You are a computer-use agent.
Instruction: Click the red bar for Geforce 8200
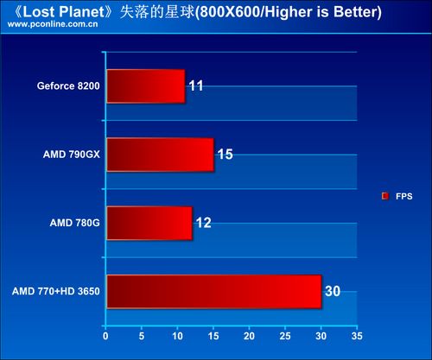tap(146, 86)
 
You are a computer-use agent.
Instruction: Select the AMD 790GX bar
tap(161, 155)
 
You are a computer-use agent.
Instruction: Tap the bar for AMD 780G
tap(149, 223)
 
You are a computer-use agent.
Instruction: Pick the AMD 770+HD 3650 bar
tap(214, 292)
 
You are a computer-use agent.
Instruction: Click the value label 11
tap(196, 85)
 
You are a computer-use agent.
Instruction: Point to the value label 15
tap(226, 155)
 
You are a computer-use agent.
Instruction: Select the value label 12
tap(204, 223)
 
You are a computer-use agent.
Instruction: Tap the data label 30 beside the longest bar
tap(333, 291)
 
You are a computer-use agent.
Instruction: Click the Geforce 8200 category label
tap(68, 85)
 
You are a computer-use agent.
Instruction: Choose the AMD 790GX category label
tap(72, 155)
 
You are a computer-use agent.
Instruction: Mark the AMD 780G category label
tap(75, 223)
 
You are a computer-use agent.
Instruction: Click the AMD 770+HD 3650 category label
tap(56, 291)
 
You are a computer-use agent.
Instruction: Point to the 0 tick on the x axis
tap(105, 336)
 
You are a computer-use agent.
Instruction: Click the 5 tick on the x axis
tap(142, 336)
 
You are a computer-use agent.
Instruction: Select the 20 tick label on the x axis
tap(249, 336)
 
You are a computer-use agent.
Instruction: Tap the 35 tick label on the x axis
tap(357, 336)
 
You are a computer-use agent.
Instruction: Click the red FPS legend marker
tap(385, 196)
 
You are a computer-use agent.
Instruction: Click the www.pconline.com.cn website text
tap(53, 24)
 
